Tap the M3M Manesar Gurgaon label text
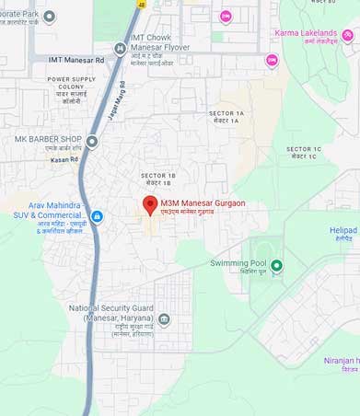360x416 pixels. [x=203, y=202]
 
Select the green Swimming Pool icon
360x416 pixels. [x=275, y=266]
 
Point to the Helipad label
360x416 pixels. [x=343, y=231]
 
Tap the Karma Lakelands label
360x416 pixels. [x=306, y=33]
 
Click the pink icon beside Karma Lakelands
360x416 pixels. [x=346, y=35]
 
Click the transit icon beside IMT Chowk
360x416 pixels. [x=120, y=49]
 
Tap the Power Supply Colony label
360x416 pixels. [x=71, y=85]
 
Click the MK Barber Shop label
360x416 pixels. [x=49, y=139]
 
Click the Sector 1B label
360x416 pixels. [x=158, y=175]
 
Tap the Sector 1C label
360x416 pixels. [x=301, y=149]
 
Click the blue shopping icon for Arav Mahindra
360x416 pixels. [x=97, y=217]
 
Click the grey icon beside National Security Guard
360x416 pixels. [x=164, y=319]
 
